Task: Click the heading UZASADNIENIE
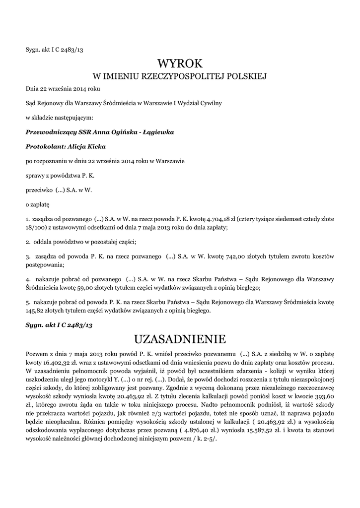point(180,339)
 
